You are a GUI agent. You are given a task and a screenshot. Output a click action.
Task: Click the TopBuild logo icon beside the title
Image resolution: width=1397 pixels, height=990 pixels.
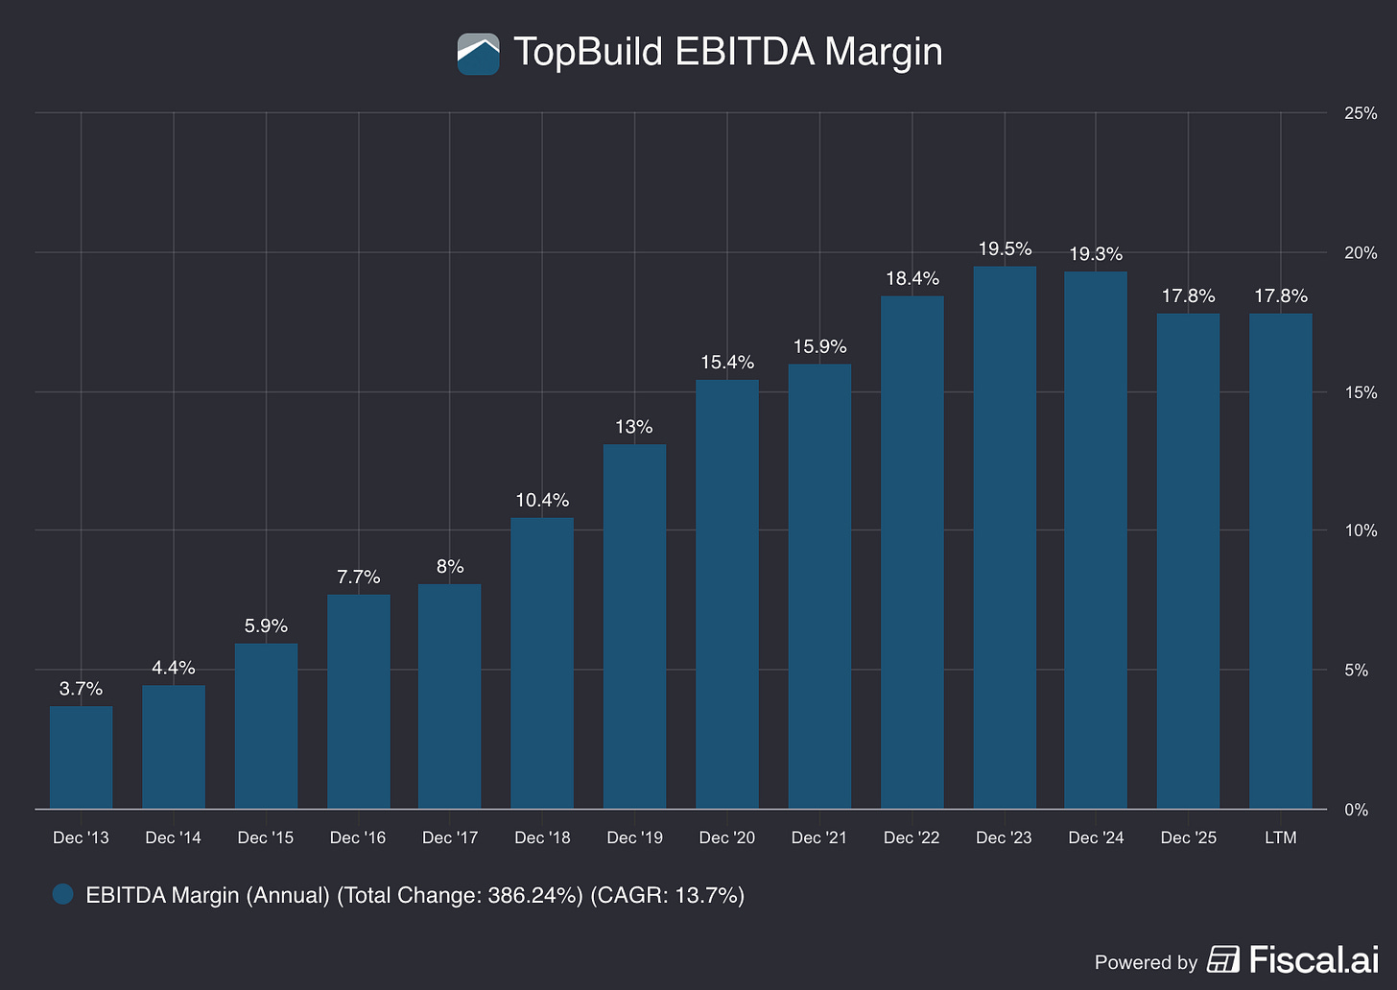[x=479, y=54]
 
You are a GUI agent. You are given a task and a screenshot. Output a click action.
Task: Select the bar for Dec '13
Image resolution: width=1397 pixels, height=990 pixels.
[x=81, y=757]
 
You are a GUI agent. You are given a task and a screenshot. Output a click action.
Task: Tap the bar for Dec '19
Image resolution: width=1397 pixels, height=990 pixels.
[x=634, y=625]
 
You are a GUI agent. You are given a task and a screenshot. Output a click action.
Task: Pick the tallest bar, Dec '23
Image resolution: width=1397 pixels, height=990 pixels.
[x=1005, y=537]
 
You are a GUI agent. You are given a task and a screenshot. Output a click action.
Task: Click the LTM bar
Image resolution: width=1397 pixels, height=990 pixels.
[x=1280, y=561]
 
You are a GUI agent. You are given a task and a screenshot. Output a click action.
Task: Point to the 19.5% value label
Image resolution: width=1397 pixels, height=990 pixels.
[x=1005, y=248]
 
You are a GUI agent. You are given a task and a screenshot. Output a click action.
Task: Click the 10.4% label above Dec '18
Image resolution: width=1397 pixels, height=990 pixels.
[x=542, y=500]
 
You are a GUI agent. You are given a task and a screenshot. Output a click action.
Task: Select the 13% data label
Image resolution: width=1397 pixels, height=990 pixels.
[x=634, y=427]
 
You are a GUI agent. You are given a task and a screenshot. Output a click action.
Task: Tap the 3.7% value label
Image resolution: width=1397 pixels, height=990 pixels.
[x=81, y=688]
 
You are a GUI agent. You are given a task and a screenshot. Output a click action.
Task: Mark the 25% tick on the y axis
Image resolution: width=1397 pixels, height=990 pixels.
[x=1361, y=113]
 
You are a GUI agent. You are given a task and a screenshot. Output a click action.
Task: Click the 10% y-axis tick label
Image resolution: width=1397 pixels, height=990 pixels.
[x=1361, y=530]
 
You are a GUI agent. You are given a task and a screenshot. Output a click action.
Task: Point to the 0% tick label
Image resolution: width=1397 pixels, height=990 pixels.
[x=1357, y=810]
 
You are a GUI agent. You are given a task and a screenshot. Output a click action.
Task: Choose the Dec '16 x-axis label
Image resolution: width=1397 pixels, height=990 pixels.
[x=358, y=837]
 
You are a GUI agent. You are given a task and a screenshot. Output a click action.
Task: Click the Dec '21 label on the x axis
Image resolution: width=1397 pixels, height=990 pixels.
[x=819, y=837]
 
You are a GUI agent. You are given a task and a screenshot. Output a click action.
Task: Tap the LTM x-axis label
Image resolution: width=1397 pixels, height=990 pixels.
[x=1280, y=837]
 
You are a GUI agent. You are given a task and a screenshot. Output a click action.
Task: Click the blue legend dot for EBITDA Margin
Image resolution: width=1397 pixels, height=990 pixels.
[x=63, y=894]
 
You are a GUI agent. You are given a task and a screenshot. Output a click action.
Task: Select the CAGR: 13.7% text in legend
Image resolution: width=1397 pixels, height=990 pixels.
[x=668, y=895]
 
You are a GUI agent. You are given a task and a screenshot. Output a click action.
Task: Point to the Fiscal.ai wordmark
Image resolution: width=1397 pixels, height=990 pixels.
[x=1314, y=959]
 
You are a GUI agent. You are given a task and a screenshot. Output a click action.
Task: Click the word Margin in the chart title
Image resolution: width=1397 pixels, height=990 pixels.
[x=883, y=54]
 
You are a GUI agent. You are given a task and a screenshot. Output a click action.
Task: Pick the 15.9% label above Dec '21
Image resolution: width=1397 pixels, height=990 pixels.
[x=819, y=346]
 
